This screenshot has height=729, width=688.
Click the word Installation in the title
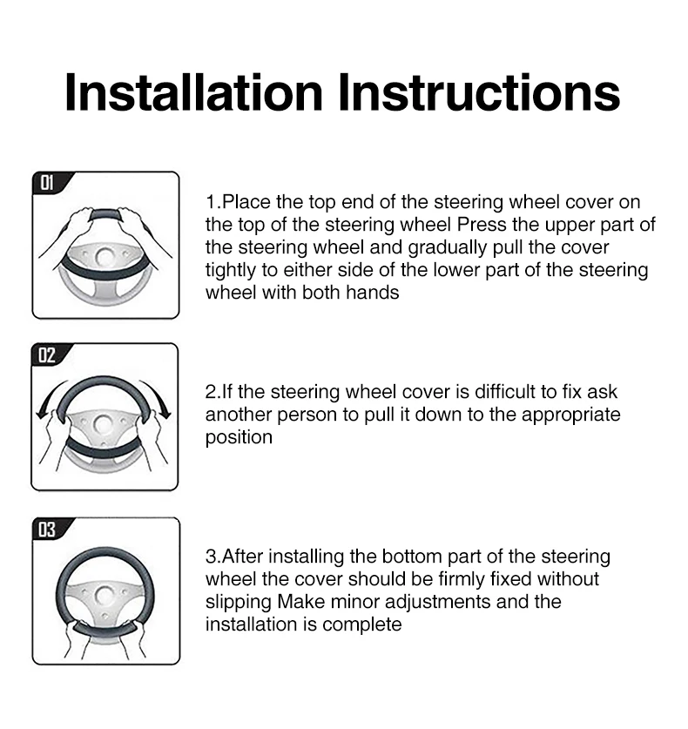coord(194,92)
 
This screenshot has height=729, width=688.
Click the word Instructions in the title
coord(479,92)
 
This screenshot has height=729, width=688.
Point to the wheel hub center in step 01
coord(105,257)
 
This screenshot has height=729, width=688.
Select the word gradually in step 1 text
coord(448,248)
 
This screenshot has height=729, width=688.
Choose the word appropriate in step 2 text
coord(570,415)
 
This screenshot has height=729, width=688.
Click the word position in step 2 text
coord(239,438)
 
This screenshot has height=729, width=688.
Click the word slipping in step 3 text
coord(239,603)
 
